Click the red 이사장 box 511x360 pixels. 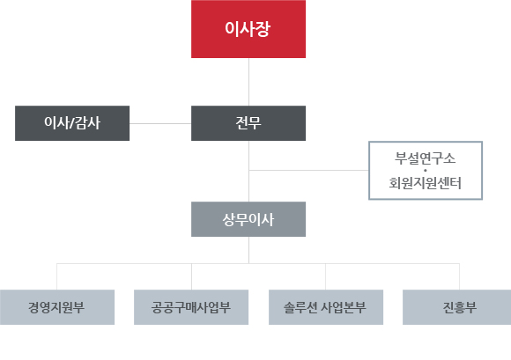click(x=248, y=29)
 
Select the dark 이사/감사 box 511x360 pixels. click(x=72, y=123)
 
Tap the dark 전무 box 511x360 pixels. click(x=248, y=123)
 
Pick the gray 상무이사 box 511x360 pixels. click(x=248, y=219)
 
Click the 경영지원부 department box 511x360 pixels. click(x=57, y=307)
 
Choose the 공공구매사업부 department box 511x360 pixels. click(x=191, y=307)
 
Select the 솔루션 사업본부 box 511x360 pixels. click(x=326, y=307)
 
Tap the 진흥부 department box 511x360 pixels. click(x=457, y=307)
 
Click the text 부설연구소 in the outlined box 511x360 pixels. click(x=425, y=158)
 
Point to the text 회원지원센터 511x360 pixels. click(x=425, y=183)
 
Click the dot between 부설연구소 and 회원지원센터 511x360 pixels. click(x=426, y=171)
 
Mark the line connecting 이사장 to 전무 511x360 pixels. click(x=249, y=82)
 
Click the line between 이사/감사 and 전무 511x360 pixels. click(x=160, y=124)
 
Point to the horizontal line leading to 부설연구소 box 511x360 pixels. click(x=309, y=170)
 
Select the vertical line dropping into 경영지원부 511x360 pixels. click(x=57, y=276)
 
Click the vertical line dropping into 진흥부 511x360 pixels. click(x=460, y=276)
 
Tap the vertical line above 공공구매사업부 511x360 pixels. click(x=192, y=276)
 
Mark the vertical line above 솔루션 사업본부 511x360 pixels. click(x=326, y=276)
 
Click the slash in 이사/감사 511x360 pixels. click(x=72, y=123)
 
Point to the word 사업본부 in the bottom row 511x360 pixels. click(x=344, y=307)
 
